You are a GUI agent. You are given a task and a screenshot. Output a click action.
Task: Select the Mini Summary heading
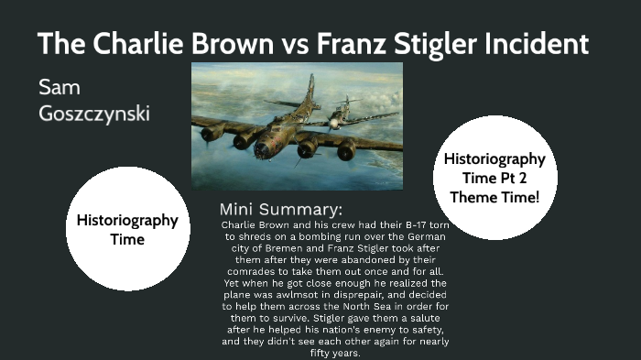[281, 209]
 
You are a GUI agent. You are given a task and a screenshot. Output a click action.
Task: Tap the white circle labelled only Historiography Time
[127, 229]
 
